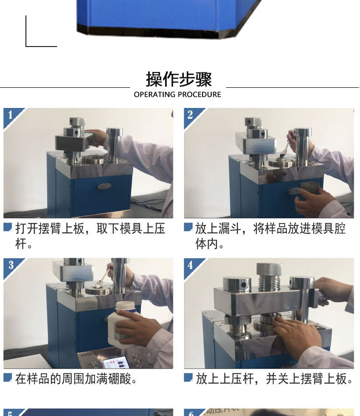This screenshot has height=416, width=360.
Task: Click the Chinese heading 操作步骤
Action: tap(179, 79)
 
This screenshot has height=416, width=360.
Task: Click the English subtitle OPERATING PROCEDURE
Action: tap(177, 95)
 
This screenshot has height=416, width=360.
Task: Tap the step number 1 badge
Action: tap(10, 115)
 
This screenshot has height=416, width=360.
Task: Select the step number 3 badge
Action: tap(11, 265)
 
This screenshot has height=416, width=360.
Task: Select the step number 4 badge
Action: tap(191, 265)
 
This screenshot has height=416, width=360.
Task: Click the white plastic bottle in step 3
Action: tap(122, 324)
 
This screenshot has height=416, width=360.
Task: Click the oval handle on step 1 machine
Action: tap(104, 186)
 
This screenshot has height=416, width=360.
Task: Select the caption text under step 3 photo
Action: tap(76, 379)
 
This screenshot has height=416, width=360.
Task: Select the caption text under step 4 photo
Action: tap(275, 379)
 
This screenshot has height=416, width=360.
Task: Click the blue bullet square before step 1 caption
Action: tap(8, 227)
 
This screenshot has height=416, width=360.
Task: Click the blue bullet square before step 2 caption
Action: tap(188, 227)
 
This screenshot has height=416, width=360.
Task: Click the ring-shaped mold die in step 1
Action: tap(93, 160)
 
